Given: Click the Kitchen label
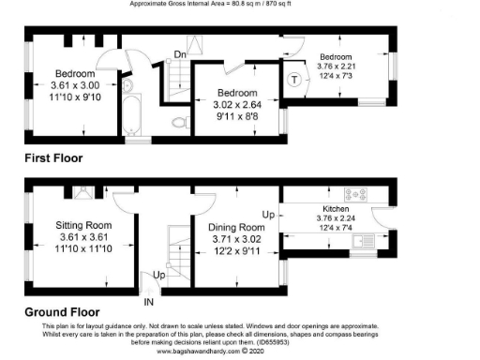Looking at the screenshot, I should [336, 209].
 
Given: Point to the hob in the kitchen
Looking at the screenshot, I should [358, 195].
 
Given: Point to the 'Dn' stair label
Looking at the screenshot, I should [181, 54].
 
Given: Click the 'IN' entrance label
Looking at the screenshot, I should [148, 301].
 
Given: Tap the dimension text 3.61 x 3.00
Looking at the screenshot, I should [74, 84].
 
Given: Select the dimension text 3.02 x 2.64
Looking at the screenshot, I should [237, 106].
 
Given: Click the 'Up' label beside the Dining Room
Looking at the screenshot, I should [266, 215].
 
